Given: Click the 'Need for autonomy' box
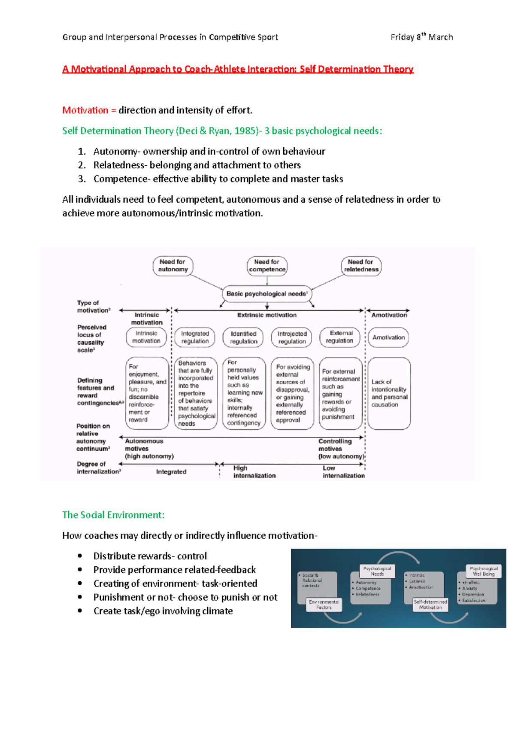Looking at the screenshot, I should tap(173, 266).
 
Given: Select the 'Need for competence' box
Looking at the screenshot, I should tap(267, 266).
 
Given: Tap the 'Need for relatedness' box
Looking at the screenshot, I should tap(361, 266).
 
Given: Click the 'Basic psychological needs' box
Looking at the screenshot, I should tap(267, 294).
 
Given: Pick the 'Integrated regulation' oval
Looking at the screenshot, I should tap(195, 337).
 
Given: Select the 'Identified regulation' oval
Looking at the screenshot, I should tap(243, 337).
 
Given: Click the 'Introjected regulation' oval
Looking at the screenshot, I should tap(292, 337).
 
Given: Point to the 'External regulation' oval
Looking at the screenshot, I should tap(340, 337).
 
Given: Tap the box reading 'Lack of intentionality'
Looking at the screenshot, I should tap(389, 393).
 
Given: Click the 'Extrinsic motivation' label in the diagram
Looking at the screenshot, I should tap(267, 315).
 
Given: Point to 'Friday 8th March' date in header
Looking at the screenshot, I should tap(421, 37).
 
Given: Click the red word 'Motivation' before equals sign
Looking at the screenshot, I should tap(85, 110).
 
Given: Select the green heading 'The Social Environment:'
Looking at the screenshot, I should tap(113, 515).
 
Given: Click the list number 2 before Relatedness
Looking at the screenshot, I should tap(82, 165).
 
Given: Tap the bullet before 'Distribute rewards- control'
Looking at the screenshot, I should tap(80, 556).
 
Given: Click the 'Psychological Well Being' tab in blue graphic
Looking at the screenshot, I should tap(484, 571).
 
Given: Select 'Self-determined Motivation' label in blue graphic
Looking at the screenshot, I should tap(430, 604).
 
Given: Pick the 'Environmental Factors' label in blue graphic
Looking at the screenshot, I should tap(324, 604).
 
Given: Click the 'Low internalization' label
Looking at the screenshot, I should tap(343, 472).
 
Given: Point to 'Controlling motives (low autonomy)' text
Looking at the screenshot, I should tap(341, 449).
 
